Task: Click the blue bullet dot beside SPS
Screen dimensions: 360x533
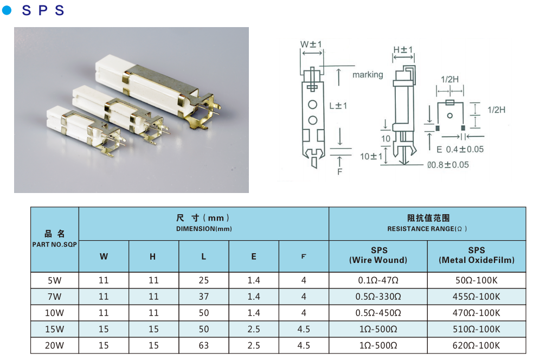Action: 7,10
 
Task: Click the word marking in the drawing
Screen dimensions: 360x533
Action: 367,75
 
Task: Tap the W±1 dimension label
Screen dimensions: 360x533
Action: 311,44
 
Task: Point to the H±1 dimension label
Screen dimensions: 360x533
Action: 403,50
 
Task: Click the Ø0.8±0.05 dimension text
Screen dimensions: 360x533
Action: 448,165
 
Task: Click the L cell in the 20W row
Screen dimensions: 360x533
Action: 203,345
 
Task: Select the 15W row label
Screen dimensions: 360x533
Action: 55,329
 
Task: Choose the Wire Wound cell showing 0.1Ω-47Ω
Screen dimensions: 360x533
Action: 378,280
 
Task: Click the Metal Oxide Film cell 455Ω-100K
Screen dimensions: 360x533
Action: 476,297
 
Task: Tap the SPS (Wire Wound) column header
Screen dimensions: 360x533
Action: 378,255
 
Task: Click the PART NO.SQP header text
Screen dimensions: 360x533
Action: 55,245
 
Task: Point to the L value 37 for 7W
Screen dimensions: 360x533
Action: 203,297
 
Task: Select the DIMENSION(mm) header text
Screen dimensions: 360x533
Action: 203,229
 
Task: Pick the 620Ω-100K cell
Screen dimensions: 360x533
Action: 476,345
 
